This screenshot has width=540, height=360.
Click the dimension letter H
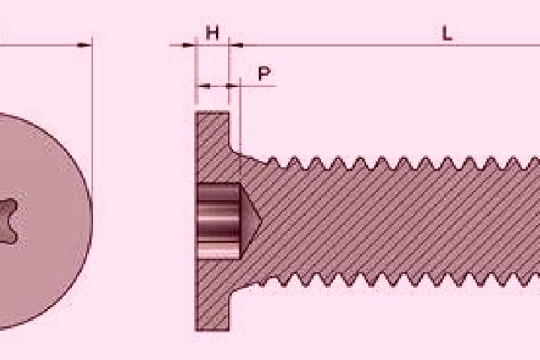(212, 34)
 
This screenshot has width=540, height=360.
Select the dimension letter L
(447, 34)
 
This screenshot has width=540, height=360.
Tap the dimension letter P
(264, 73)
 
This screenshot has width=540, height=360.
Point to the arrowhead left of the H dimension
(188, 45)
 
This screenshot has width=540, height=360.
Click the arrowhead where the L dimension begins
(236, 45)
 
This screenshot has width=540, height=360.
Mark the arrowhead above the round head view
(85, 45)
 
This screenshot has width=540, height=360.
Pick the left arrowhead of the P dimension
(205, 85)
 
